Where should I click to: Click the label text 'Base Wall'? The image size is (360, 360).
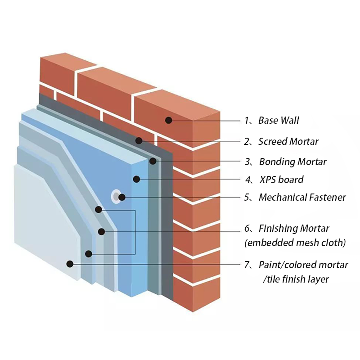(x=279, y=120)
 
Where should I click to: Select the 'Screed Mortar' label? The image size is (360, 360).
(x=288, y=141)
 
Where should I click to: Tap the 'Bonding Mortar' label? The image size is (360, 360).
(x=292, y=162)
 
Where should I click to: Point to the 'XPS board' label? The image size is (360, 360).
(x=281, y=180)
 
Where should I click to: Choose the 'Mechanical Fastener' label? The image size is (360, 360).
(x=302, y=197)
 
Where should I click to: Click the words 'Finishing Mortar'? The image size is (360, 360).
(x=294, y=228)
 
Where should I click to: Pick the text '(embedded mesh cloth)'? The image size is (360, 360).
(x=295, y=243)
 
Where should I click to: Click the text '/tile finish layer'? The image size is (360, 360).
(x=296, y=279)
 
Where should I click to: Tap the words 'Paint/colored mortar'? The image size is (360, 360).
(x=303, y=265)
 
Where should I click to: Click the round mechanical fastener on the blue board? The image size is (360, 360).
(x=117, y=196)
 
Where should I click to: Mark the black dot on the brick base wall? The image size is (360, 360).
(x=168, y=120)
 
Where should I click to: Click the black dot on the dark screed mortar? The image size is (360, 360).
(x=139, y=141)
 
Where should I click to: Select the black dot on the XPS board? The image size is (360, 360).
(x=136, y=180)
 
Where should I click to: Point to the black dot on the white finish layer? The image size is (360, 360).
(x=70, y=264)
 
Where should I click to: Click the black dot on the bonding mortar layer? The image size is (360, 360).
(x=153, y=161)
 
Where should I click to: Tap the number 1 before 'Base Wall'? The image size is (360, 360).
(x=247, y=120)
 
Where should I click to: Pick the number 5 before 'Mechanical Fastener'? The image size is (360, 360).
(x=247, y=197)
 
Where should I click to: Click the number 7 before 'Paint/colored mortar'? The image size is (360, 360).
(x=247, y=265)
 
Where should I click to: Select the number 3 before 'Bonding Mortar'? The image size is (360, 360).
(x=247, y=162)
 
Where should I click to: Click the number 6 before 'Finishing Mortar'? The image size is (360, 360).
(x=247, y=228)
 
